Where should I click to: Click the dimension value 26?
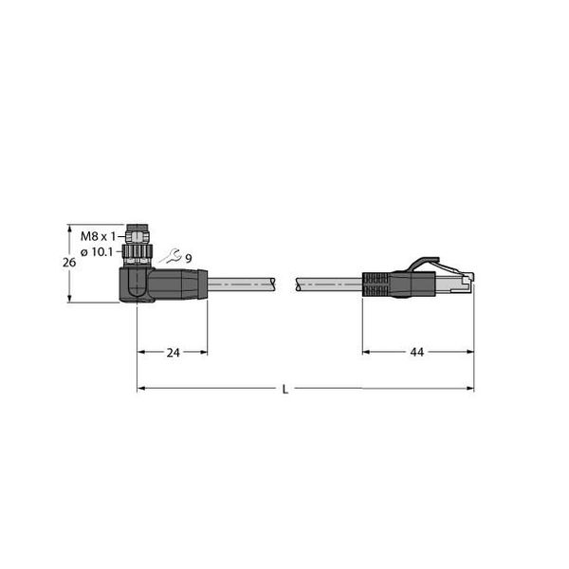(69, 263)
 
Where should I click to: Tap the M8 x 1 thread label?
(98, 236)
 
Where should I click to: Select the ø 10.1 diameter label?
(97, 252)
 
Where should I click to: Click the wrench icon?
(171, 256)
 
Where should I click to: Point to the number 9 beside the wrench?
(189, 258)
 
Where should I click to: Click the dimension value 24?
(174, 353)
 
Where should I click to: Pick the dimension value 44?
(416, 352)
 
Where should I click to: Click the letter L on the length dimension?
(285, 390)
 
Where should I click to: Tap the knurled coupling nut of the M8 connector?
(137, 254)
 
